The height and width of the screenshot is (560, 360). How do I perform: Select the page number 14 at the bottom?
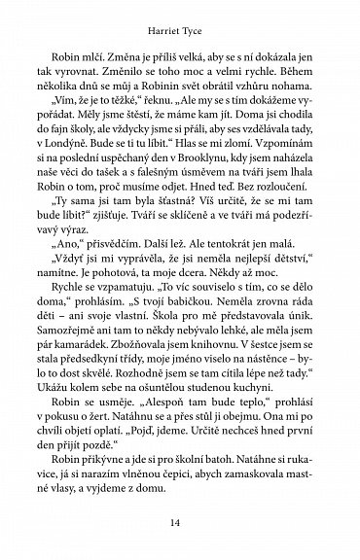coord(181,523)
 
